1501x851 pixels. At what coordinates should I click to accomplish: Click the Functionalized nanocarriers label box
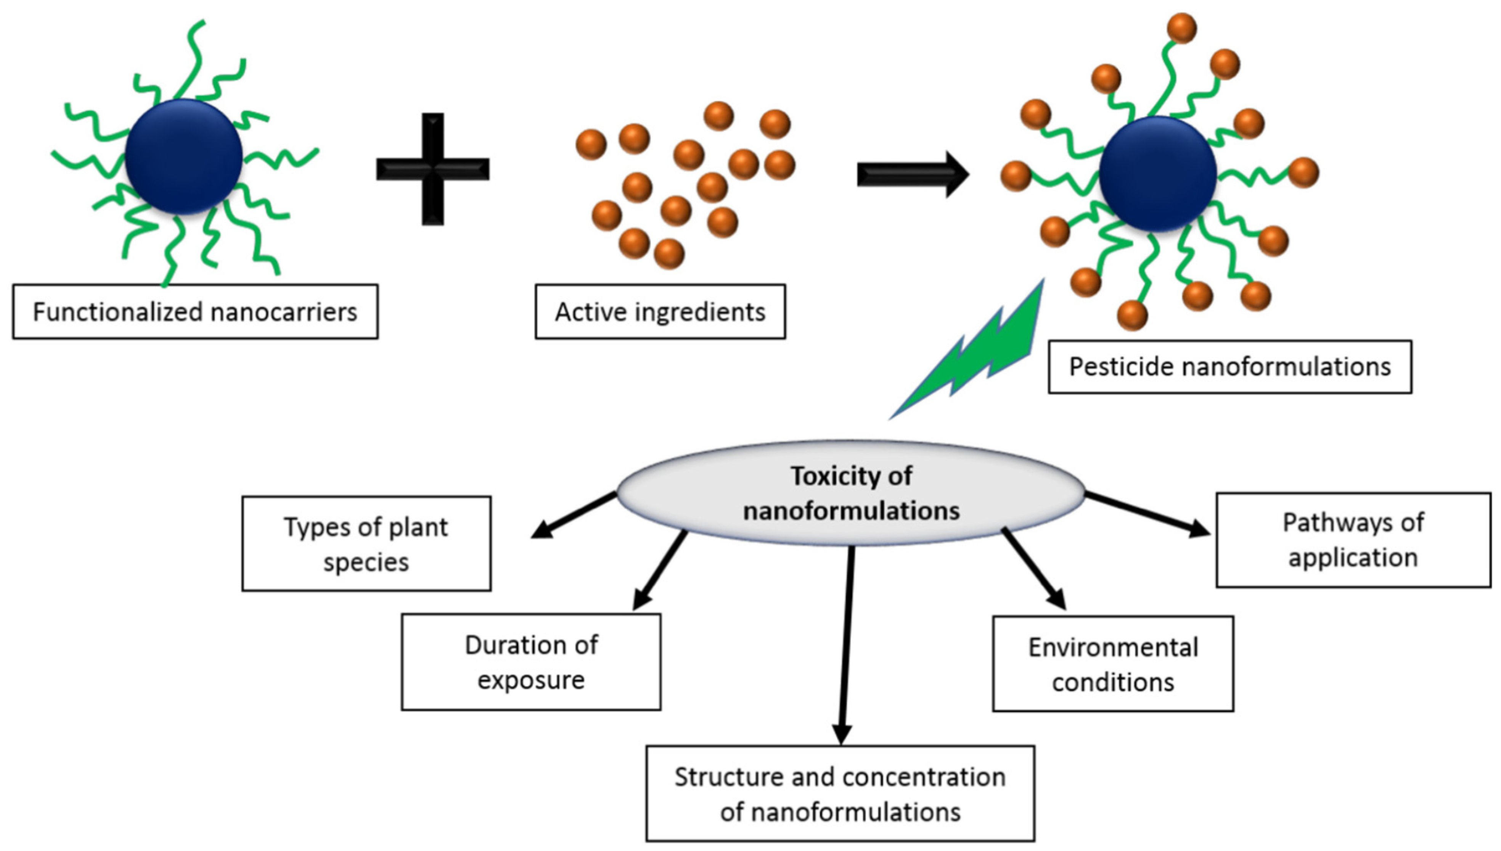coord(195,311)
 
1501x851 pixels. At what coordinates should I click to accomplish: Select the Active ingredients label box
coord(660,311)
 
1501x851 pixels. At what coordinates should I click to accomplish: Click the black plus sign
coord(433,169)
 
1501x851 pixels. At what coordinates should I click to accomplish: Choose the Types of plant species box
coord(366,543)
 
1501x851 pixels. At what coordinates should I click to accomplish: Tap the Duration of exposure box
coord(531,662)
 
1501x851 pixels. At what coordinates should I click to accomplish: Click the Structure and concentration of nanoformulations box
coord(840,793)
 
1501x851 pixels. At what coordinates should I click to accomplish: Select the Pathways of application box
coord(1353,540)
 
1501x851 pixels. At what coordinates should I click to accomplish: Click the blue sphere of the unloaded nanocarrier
coord(183,156)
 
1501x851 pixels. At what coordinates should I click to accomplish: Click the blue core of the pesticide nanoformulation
coord(1157,174)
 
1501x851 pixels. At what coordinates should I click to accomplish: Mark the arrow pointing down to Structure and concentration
coord(846,643)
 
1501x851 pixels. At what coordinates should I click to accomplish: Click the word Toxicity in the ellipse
coord(821,476)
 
